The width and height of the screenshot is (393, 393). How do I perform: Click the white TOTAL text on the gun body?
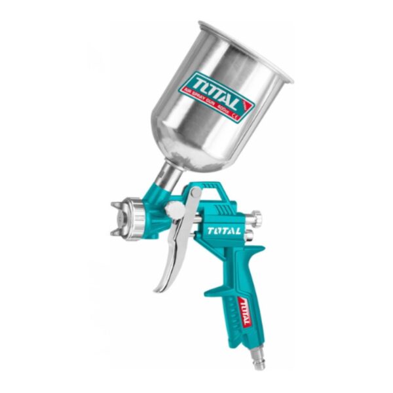click(224, 231)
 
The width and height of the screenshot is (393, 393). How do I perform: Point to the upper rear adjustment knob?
click(256, 215)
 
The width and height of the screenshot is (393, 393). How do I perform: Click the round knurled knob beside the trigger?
click(175, 210)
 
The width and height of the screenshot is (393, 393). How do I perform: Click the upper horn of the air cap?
click(119, 204)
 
